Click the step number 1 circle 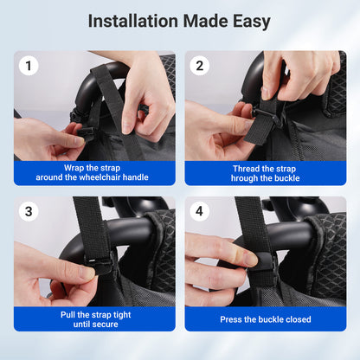29,66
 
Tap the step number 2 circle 200,66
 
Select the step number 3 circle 29,211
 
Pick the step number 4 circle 200,211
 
